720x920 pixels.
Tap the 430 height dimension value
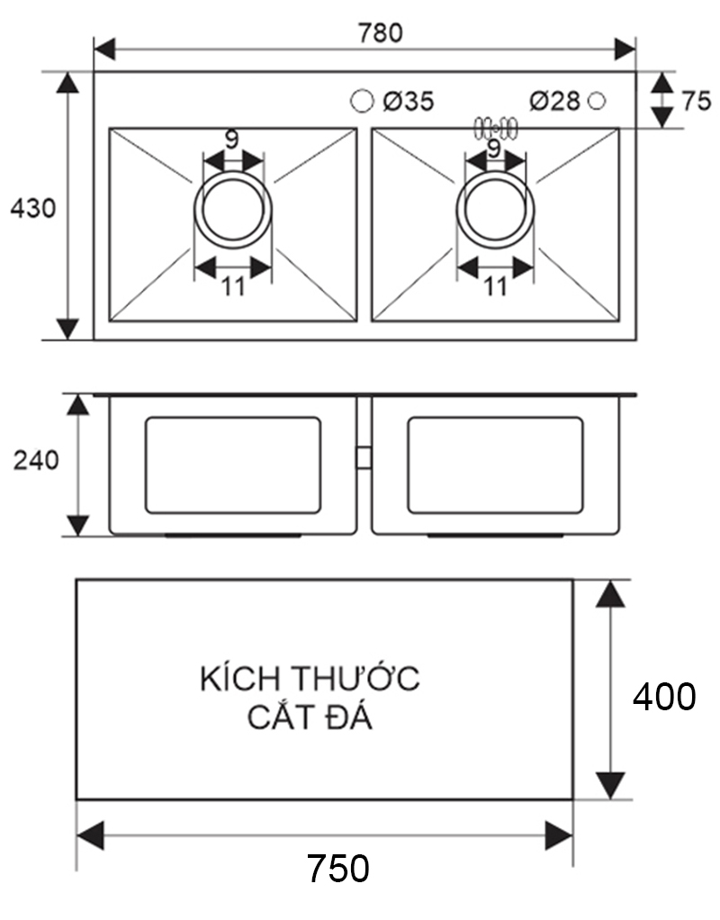coord(32,209)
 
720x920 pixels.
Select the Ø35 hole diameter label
coord(407,101)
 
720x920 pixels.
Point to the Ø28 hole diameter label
coord(554,101)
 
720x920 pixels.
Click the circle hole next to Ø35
coord(362,101)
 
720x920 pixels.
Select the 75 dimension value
coord(696,101)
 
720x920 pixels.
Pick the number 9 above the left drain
coord(231,140)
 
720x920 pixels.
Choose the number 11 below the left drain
coord(233,286)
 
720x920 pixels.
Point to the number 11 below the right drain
coord(495,286)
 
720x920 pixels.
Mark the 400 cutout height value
coord(663,697)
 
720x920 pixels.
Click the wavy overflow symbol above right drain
coord(494,127)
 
